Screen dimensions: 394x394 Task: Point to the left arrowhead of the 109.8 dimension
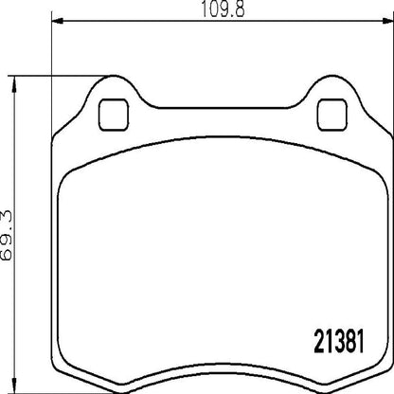(56, 23)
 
